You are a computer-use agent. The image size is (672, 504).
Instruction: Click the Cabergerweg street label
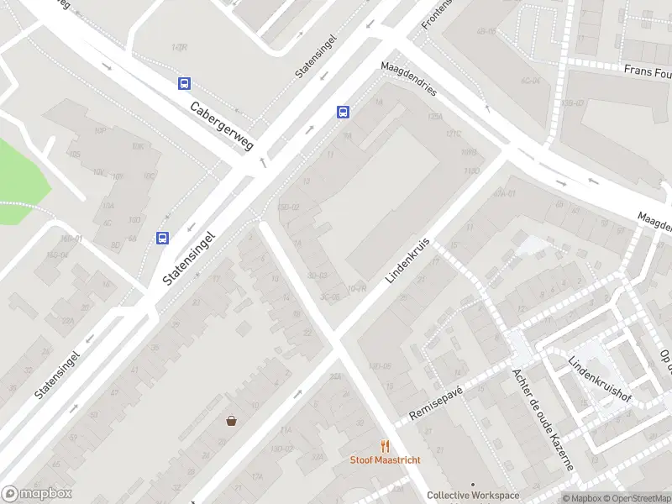coord(222,126)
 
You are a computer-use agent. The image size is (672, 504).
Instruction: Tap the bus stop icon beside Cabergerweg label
coord(184,83)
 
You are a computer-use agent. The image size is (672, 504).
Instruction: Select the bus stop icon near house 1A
coord(344,113)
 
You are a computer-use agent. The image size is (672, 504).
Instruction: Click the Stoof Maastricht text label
coord(386,460)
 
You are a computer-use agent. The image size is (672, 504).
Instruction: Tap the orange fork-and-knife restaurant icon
coord(386,446)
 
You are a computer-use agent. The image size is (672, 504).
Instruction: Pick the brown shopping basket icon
coord(231,421)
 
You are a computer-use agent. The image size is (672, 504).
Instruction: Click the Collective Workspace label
coord(473,496)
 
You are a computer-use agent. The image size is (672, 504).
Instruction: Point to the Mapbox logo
coord(37,494)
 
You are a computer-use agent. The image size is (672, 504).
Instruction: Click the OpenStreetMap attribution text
coord(635,498)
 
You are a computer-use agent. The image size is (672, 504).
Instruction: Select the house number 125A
coord(434,117)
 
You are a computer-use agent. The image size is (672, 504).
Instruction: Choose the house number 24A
coord(337,377)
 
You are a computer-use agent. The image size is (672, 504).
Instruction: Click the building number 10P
coord(99,131)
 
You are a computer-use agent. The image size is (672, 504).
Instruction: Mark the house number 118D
coord(471,171)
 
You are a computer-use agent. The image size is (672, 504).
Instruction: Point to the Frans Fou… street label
coord(647,71)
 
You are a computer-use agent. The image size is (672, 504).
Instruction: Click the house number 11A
coord(286,430)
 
